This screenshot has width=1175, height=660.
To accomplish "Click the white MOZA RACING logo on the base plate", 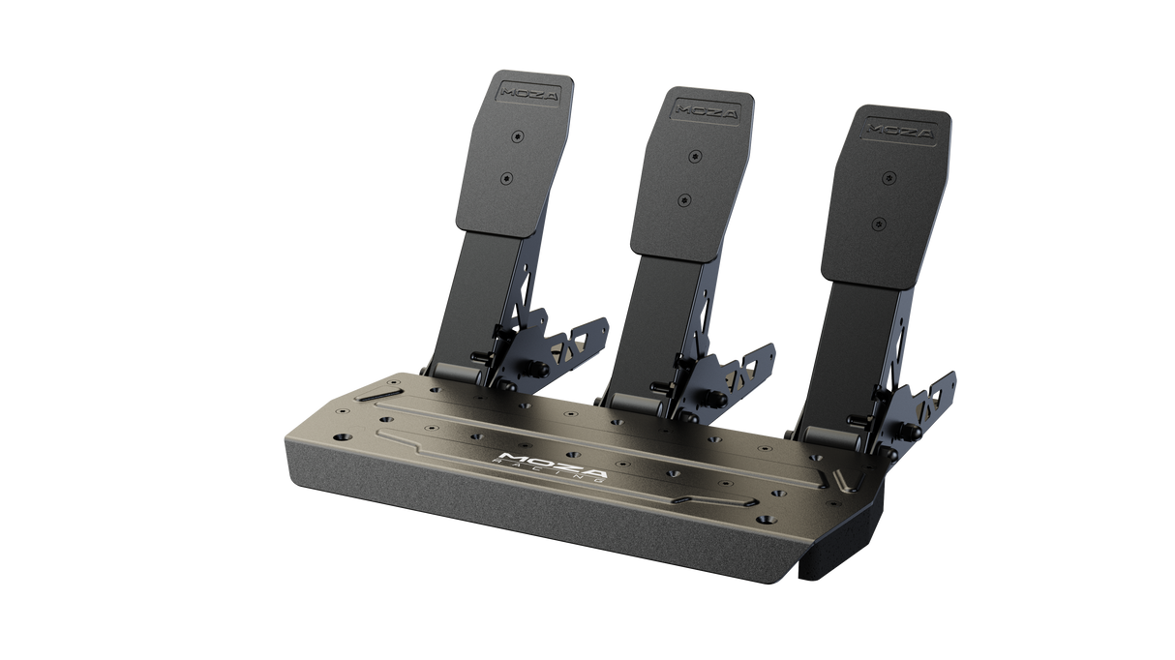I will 549,465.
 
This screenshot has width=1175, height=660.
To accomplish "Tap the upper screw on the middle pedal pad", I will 695,155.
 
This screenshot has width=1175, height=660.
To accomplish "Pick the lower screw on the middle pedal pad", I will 684,200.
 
